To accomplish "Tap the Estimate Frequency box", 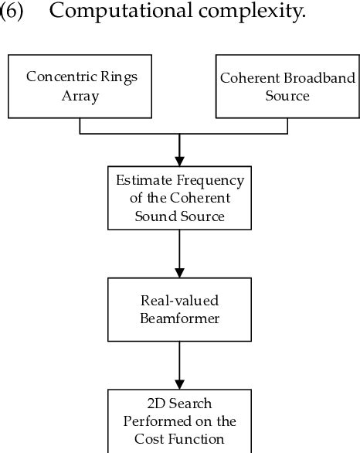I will click(179, 199).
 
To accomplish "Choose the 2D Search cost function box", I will click(179, 421).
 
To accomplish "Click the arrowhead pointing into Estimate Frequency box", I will click(179, 160).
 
